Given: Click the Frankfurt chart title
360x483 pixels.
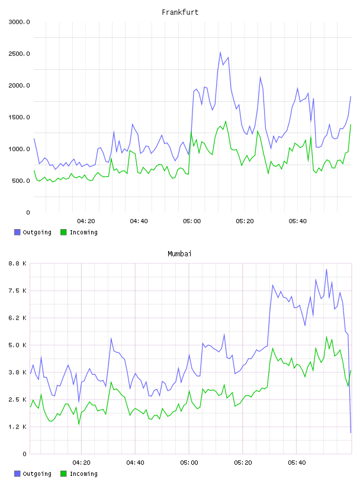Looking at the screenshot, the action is (180, 12).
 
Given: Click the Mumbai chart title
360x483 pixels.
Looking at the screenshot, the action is (179, 254).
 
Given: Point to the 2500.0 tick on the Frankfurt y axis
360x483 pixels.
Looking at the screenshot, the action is (19, 54).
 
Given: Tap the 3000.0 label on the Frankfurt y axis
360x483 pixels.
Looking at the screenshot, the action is (19, 22).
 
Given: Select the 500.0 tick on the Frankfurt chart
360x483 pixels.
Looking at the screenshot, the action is (21, 181).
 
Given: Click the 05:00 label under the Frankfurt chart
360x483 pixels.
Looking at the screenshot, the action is (192, 221).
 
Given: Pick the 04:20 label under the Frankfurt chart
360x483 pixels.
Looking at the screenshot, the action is (86, 221).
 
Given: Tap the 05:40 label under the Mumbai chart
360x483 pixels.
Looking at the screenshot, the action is (297, 463).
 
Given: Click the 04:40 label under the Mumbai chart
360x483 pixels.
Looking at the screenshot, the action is (136, 463).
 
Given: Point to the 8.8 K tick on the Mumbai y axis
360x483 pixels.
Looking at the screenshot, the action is (18, 263).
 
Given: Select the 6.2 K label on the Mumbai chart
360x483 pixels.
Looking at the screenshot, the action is (18, 318).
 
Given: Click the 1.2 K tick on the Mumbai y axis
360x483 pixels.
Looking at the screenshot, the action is (18, 427).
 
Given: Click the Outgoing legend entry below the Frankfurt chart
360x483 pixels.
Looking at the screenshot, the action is (33, 232).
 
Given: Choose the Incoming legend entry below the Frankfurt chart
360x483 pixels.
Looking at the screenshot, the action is (79, 232).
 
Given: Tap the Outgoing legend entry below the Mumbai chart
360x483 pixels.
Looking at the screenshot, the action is (33, 474).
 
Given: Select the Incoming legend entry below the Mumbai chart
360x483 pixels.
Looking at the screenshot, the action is (79, 474).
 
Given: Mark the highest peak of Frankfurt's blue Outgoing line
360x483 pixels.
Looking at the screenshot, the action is (220, 52).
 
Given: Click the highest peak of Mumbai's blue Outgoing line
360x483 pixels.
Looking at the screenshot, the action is (327, 269).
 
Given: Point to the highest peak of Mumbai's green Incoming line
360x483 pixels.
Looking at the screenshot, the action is (327, 336).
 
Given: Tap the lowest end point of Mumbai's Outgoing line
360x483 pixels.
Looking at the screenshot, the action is (351, 433).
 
